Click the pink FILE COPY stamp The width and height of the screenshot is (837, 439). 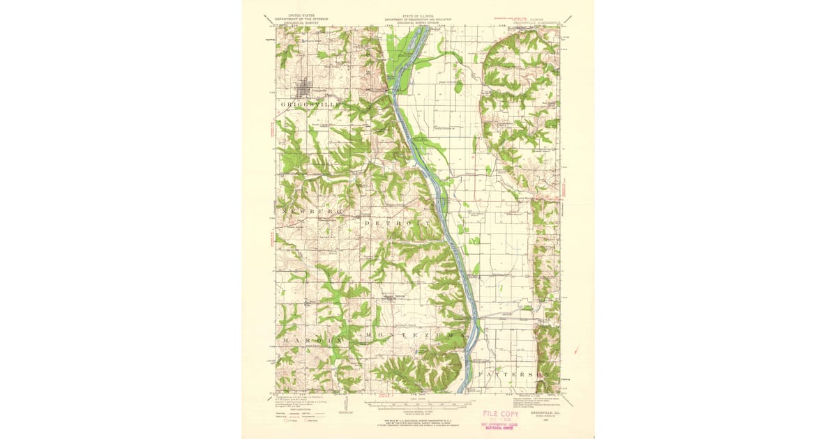(x=501, y=413)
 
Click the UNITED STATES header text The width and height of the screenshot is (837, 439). (x=296, y=13)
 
